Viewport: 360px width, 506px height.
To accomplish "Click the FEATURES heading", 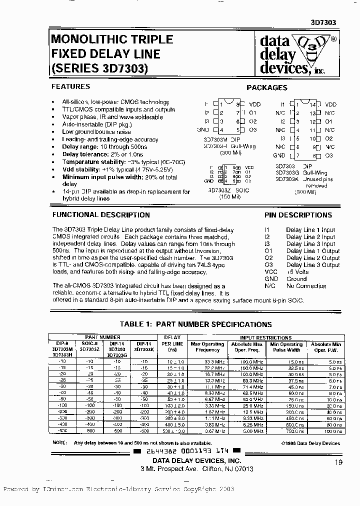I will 71,86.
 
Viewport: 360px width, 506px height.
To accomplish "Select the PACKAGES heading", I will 267,87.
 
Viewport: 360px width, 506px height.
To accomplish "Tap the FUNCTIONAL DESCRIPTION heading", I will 101,215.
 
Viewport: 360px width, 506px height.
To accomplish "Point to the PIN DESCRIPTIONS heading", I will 298,215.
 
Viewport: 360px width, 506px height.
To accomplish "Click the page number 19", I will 339,463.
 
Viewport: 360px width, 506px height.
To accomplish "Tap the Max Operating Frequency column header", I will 207,347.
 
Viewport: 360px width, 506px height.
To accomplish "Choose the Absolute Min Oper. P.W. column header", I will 326,347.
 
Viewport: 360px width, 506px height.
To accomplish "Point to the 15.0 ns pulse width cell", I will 294,360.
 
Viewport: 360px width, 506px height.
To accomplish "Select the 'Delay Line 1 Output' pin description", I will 312,251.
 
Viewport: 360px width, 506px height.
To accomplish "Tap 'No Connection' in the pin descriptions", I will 306,286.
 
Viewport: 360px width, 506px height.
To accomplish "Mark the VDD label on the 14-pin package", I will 331,104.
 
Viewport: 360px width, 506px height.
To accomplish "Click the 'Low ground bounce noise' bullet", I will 95,132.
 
